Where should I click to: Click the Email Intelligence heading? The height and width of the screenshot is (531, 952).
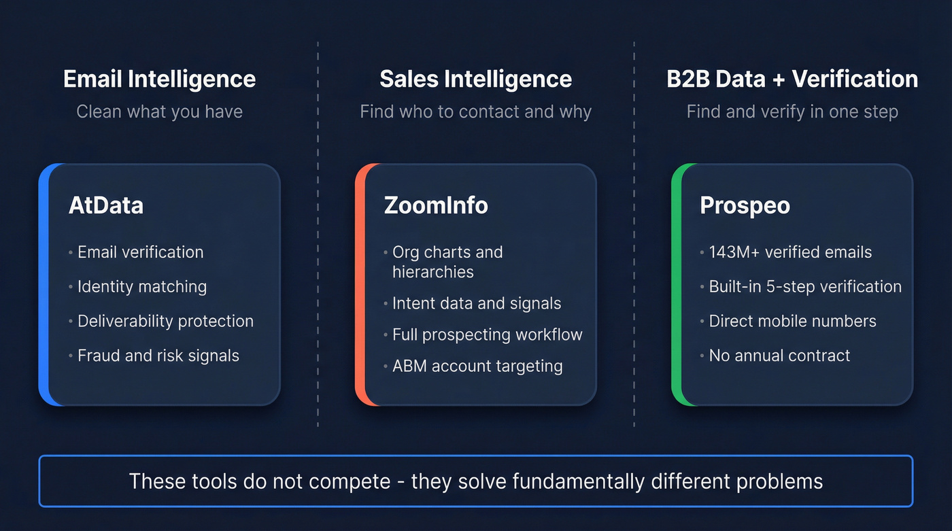(159, 79)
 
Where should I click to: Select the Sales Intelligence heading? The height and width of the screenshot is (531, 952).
(475, 79)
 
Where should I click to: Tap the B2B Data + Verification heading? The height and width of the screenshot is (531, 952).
(792, 79)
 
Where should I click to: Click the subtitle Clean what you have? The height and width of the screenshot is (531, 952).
(159, 112)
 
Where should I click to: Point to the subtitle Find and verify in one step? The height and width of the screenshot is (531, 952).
(792, 112)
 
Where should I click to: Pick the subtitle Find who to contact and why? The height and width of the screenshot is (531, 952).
(475, 112)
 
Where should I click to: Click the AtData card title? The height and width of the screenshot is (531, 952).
(106, 205)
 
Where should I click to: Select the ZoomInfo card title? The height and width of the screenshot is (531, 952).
(436, 205)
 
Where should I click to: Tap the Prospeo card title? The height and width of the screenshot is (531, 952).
(745, 205)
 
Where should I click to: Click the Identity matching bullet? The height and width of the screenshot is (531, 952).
(142, 286)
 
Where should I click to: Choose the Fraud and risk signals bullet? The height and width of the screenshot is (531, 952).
(158, 356)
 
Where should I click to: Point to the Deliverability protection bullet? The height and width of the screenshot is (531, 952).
(165, 321)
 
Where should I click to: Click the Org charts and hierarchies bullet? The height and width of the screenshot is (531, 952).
(447, 262)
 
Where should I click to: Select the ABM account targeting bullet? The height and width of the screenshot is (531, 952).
(477, 366)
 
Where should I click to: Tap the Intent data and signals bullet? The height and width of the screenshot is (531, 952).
(477, 303)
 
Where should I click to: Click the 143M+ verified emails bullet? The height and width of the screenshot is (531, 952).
(790, 252)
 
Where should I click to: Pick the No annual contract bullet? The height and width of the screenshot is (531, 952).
(779, 356)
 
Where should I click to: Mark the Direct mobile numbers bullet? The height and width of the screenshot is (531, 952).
(792, 321)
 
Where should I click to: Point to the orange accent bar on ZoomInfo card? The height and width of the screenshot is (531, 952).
(360, 284)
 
